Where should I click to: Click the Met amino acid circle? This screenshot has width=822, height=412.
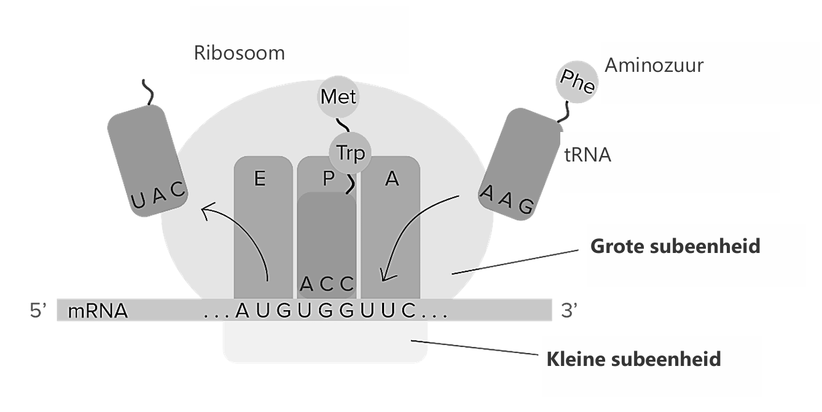point(338,97)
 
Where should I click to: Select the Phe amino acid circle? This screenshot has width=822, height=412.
point(577,82)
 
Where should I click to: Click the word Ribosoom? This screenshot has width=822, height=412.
point(240,53)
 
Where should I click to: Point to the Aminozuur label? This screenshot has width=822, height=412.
point(654,65)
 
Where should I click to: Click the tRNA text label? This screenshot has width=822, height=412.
point(588,155)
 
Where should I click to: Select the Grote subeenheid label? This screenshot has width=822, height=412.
point(675,246)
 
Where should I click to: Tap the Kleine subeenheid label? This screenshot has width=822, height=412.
point(633,358)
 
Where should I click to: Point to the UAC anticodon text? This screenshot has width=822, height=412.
point(159,197)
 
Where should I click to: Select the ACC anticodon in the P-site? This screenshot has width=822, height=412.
point(327,284)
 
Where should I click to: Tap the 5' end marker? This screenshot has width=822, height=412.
point(39,311)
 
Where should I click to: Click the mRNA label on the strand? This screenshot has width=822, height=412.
point(98,311)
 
